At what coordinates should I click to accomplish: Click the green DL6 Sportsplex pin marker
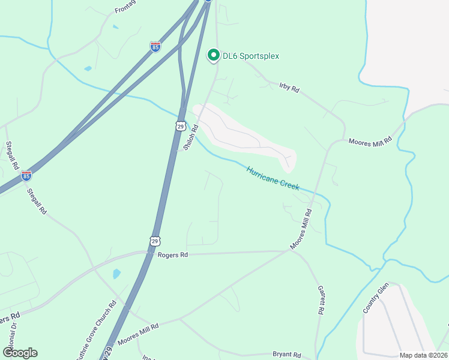tap(212, 56)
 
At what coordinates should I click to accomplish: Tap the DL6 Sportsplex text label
tap(251, 56)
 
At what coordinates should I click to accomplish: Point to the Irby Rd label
tap(289, 87)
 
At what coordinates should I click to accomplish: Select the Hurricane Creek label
tap(273, 178)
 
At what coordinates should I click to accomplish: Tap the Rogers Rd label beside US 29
tap(173, 255)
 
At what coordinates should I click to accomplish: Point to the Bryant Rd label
tap(286, 355)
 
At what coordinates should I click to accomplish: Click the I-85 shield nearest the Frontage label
tap(155, 47)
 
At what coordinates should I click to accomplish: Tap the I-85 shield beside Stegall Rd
tap(26, 176)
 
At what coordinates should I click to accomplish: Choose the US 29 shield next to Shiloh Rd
tap(180, 126)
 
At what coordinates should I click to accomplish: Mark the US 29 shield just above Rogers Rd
tap(155, 241)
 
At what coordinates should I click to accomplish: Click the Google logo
tap(20, 353)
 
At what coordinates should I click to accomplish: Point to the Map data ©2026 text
tap(423, 355)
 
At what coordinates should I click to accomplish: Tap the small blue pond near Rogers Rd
tap(116, 274)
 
